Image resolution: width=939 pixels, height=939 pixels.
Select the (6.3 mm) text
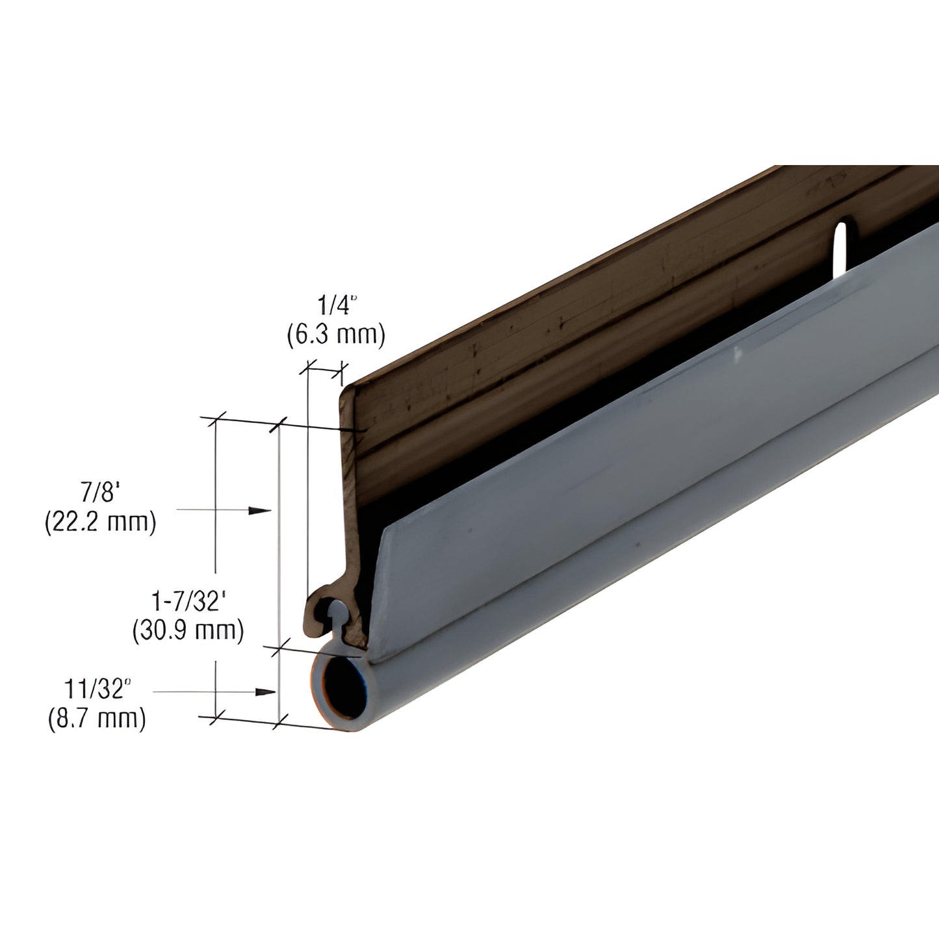tap(336, 334)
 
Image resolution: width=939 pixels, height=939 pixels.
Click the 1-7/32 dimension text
tap(188, 600)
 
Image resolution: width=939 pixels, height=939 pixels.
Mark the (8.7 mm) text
tap(97, 719)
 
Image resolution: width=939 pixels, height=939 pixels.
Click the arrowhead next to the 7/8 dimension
tap(260, 511)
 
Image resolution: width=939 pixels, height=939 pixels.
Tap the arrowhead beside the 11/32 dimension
tap(264, 692)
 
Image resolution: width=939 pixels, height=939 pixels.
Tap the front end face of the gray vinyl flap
tap(381, 585)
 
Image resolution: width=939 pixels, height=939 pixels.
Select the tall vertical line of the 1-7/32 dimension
tap(279, 572)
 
